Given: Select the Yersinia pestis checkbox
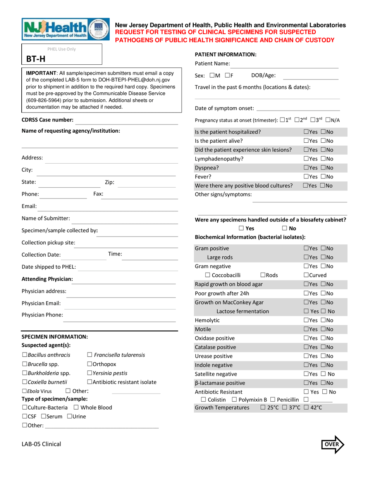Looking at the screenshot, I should pos(89,373).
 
